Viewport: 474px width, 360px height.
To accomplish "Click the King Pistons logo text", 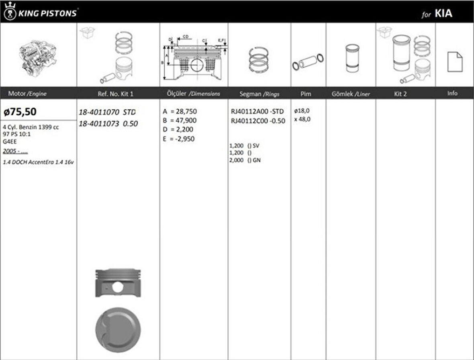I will pos(46,13).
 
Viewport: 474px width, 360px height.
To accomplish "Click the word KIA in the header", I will pos(443,14).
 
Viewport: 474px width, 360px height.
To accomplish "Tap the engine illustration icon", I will pos(38,57).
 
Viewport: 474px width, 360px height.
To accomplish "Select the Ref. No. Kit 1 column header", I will pos(115,94).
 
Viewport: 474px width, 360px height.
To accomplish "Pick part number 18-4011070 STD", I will pos(107,112).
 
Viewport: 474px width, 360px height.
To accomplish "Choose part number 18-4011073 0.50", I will pos(108,124).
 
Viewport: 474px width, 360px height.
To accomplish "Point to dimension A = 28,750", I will pos(180,111).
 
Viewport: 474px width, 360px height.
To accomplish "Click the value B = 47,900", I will pos(180,120).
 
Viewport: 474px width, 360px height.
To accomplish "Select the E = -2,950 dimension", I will pos(180,139).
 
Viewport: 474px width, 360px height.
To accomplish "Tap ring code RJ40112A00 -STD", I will pos(257,112).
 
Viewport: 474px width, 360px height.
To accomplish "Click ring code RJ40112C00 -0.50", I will pos(258,121).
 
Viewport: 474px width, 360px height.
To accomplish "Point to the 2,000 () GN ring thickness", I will pos(245,160).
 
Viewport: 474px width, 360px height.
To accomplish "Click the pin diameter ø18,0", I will pos(302,110).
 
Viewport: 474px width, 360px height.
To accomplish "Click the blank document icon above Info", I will pos(455,62).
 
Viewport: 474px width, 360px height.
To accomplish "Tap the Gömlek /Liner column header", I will pos(351,94).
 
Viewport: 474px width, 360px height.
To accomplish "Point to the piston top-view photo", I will pos(118,330).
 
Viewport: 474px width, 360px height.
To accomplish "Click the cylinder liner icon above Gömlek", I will pos(352,58).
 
